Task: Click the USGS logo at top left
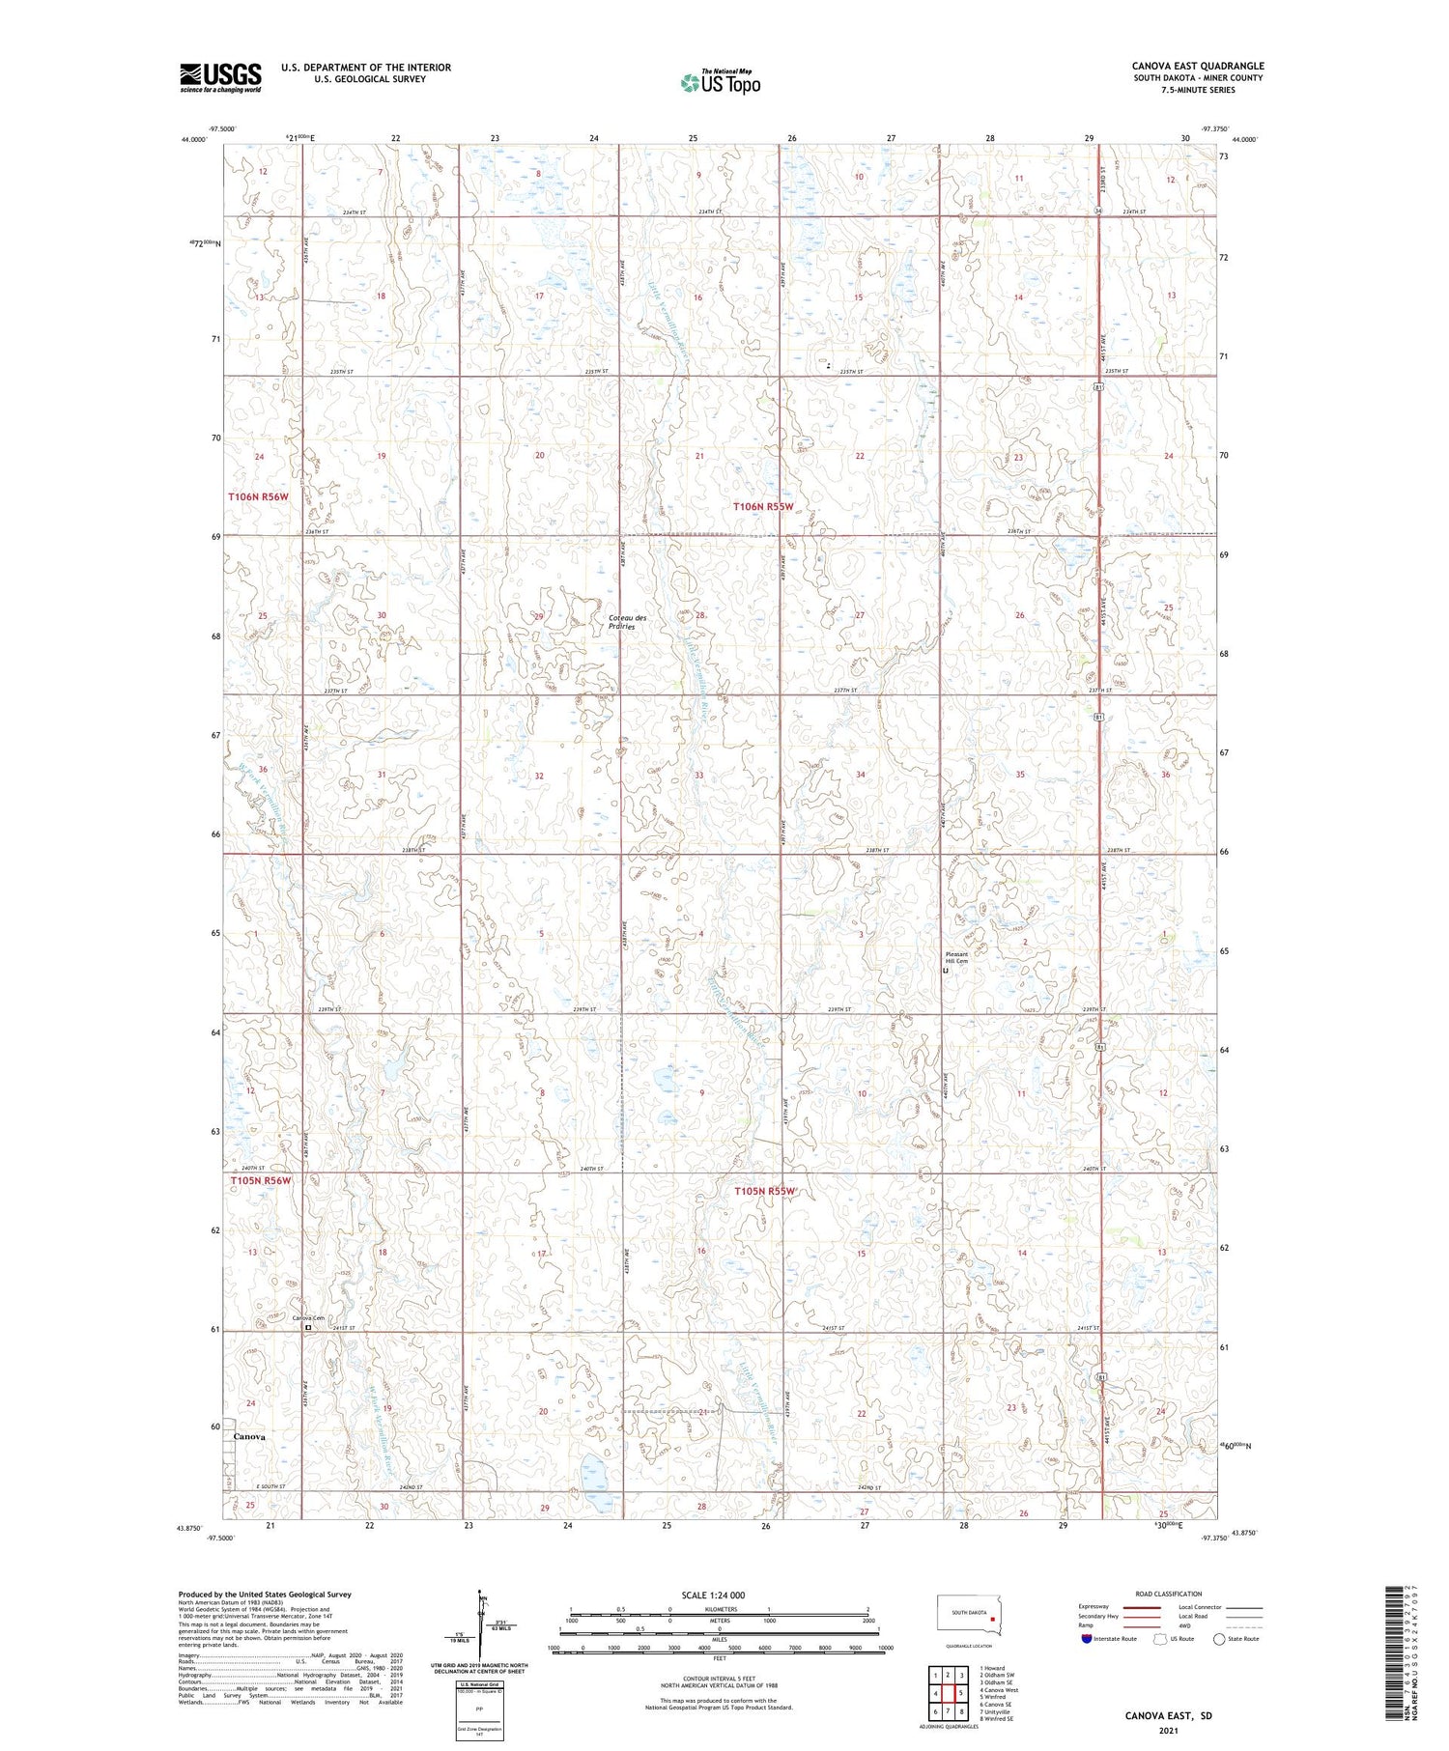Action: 220,77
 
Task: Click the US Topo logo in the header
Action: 720,83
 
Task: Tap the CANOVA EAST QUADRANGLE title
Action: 1197,66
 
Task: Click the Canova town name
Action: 249,1436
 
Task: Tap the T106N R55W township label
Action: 762,506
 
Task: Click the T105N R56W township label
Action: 260,1180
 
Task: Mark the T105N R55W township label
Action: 763,1191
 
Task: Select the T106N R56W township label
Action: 258,496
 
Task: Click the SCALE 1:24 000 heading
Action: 720,1595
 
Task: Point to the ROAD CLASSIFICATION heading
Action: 1169,1594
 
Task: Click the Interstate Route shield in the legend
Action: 1086,1638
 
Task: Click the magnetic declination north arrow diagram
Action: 480,1630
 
